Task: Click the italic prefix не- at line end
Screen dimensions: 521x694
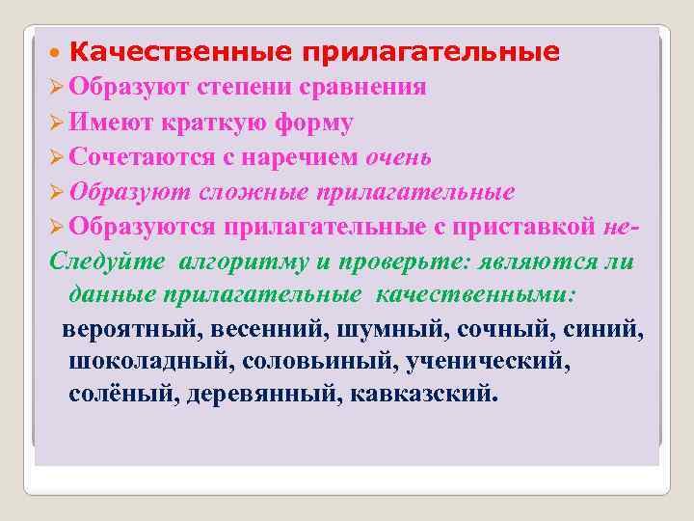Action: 620,227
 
